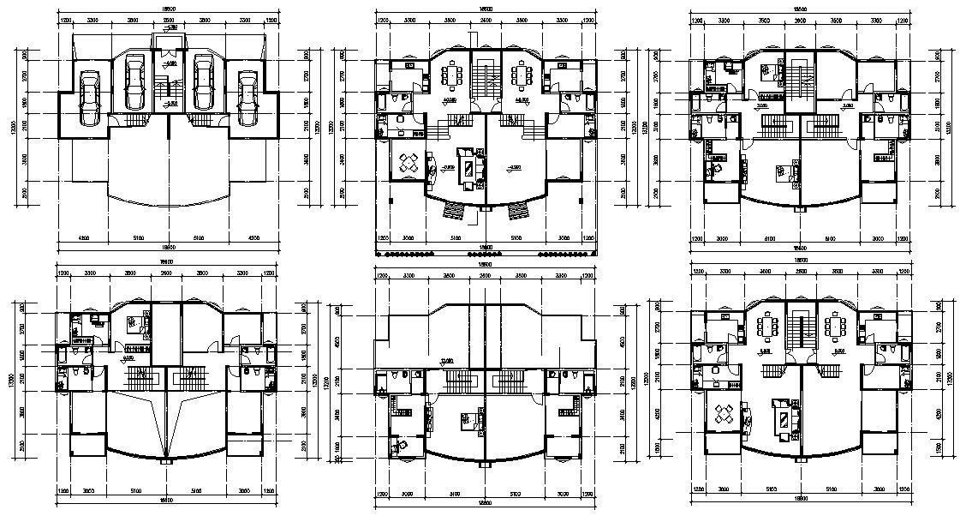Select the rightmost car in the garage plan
click(247, 99)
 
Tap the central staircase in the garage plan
click(168, 87)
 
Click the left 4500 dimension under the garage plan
click(84, 237)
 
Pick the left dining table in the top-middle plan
click(450, 75)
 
